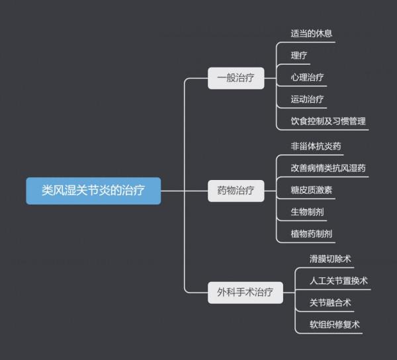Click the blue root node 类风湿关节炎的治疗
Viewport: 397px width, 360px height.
[93, 191]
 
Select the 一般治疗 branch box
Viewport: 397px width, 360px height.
[236, 78]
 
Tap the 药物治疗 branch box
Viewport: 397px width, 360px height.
[236, 191]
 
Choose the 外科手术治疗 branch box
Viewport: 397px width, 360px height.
[245, 291]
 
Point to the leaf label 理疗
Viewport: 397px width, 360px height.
[299, 55]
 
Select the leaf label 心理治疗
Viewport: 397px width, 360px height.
[307, 77]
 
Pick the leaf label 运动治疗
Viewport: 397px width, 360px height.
[307, 99]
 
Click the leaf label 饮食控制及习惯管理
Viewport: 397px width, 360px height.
[328, 121]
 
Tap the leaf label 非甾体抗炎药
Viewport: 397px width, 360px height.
[316, 146]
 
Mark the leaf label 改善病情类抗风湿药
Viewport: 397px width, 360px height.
[328, 167]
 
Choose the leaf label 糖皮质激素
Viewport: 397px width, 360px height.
[312, 190]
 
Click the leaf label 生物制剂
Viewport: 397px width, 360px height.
[307, 212]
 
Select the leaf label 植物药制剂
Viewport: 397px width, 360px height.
[312, 234]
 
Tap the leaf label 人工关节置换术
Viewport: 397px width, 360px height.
[338, 280]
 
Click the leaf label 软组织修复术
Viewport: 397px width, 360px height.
[334, 324]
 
